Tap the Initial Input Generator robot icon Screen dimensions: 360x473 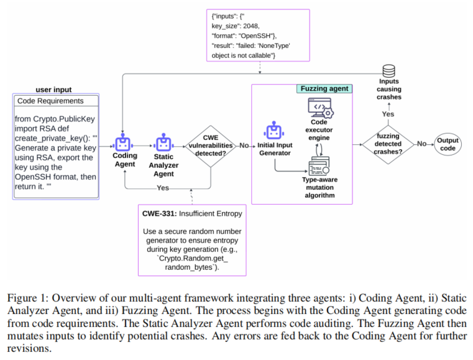273,132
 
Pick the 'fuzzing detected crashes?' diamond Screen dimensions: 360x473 388,144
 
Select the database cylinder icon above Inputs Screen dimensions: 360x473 388,71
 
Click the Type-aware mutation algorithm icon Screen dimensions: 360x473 318,166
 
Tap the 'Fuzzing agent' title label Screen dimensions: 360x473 325,89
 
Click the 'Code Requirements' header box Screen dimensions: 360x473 56,101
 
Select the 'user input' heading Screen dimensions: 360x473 53,90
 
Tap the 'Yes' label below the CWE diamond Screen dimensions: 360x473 163,188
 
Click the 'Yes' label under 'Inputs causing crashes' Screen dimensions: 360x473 388,114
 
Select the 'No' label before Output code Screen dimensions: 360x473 422,144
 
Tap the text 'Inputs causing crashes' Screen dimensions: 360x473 389,89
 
